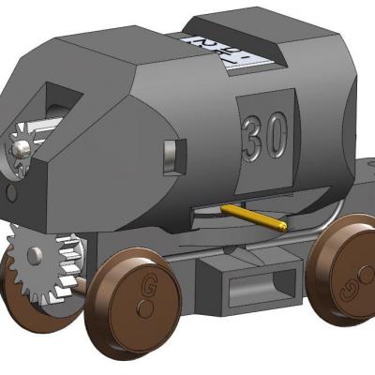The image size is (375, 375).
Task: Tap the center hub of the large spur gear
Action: [x=34, y=256]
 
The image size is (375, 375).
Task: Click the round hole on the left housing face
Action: [x=11, y=192]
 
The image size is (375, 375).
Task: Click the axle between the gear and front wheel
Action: [x=84, y=280]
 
